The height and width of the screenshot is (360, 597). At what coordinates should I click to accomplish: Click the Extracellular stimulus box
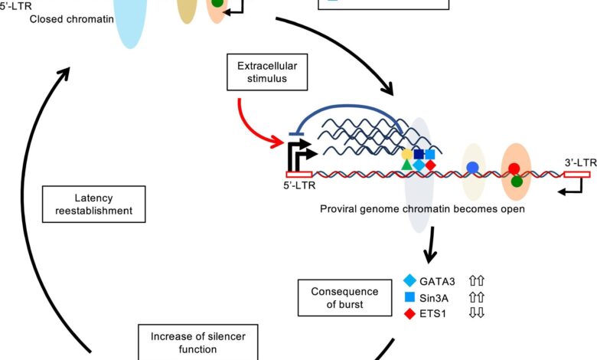[x=267, y=72]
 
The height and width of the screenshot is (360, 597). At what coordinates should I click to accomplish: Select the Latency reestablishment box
[x=93, y=205]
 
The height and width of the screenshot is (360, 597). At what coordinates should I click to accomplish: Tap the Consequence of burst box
[x=345, y=298]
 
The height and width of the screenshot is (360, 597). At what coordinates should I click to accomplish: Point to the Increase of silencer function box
[x=198, y=342]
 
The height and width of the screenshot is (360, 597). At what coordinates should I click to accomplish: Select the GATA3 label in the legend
[x=437, y=282]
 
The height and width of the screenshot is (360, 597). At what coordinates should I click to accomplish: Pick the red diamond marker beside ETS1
[x=409, y=313]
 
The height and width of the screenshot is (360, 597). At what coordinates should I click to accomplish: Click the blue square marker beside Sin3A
[x=409, y=297]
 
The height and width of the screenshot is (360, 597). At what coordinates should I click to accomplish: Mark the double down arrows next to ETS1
[x=477, y=313]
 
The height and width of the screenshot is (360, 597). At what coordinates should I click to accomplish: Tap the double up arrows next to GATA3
[x=477, y=281]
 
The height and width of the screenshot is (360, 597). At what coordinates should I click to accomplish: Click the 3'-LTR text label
[x=581, y=162]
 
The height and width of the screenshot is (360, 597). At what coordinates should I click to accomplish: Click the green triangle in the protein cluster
[x=407, y=165]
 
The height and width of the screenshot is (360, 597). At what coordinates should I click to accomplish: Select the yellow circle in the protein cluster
[x=407, y=154]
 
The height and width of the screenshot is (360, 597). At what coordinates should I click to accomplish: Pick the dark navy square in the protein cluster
[x=419, y=154]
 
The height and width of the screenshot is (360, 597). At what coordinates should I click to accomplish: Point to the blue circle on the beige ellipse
[x=472, y=167]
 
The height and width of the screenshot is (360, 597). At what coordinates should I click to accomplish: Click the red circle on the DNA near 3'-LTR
[x=514, y=169]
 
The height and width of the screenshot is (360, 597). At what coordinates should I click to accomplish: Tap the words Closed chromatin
[x=72, y=19]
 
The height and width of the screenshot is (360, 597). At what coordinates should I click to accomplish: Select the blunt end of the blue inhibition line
[x=295, y=134]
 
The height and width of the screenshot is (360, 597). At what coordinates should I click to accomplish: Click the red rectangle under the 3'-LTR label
[x=577, y=175]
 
